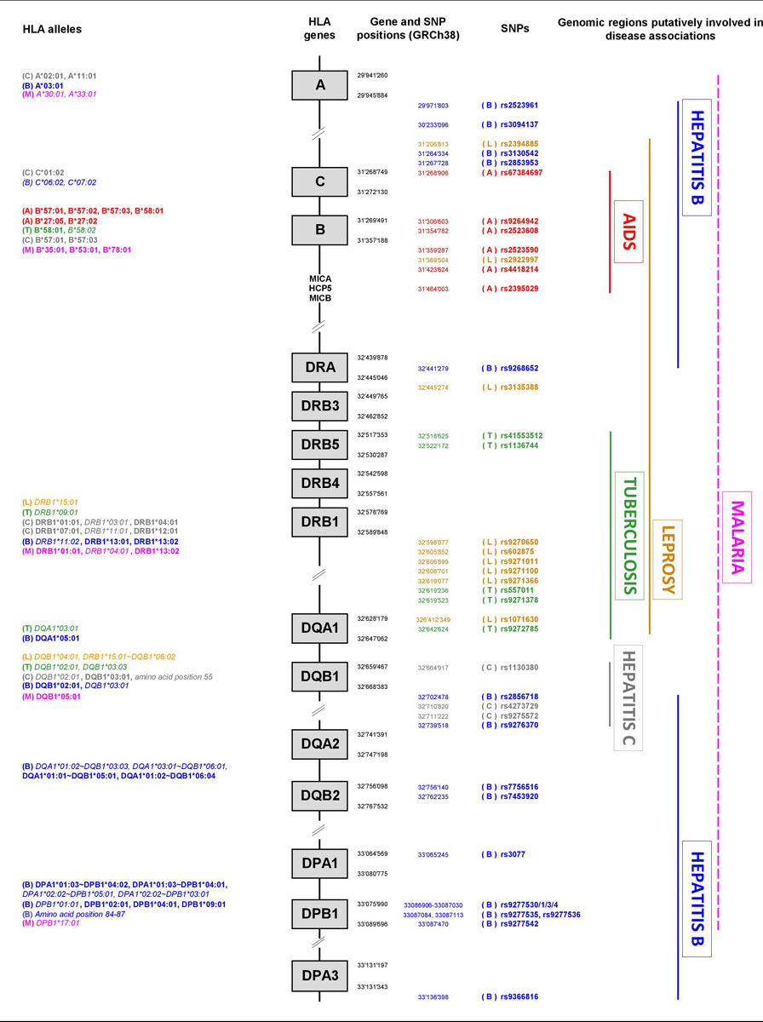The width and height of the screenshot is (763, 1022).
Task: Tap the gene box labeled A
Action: click(319, 84)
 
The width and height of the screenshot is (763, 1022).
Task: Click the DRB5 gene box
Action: click(319, 445)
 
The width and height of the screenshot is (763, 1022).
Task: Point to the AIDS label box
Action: click(628, 231)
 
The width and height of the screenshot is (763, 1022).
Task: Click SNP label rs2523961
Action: click(525, 106)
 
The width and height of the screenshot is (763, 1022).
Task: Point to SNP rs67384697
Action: click(528, 173)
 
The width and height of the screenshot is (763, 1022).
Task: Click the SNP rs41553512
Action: click(528, 436)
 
